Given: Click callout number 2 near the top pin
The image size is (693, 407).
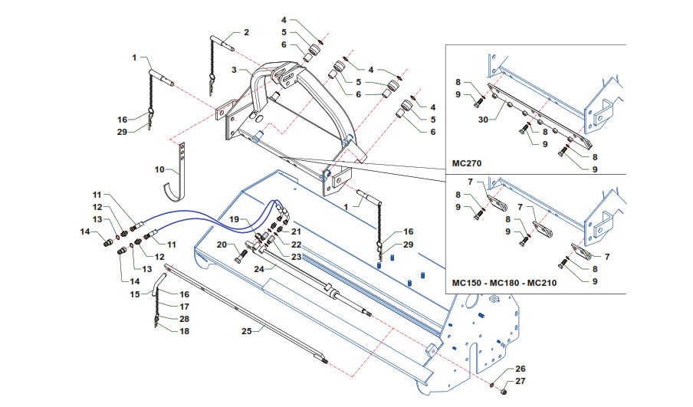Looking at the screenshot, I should click(x=246, y=33).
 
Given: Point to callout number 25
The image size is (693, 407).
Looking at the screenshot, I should click(x=246, y=330).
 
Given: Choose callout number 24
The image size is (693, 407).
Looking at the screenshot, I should click(x=258, y=269).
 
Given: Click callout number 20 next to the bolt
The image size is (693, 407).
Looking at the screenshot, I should click(x=220, y=245).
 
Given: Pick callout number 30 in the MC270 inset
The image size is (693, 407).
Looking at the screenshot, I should click(x=484, y=119).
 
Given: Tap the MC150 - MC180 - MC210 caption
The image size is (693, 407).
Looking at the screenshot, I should click(x=504, y=283).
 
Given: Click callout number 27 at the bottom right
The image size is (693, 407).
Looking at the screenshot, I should click(x=520, y=381).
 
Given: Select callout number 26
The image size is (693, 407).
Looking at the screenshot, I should click(x=520, y=369).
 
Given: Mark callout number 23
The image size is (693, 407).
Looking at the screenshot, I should click(x=295, y=256).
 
